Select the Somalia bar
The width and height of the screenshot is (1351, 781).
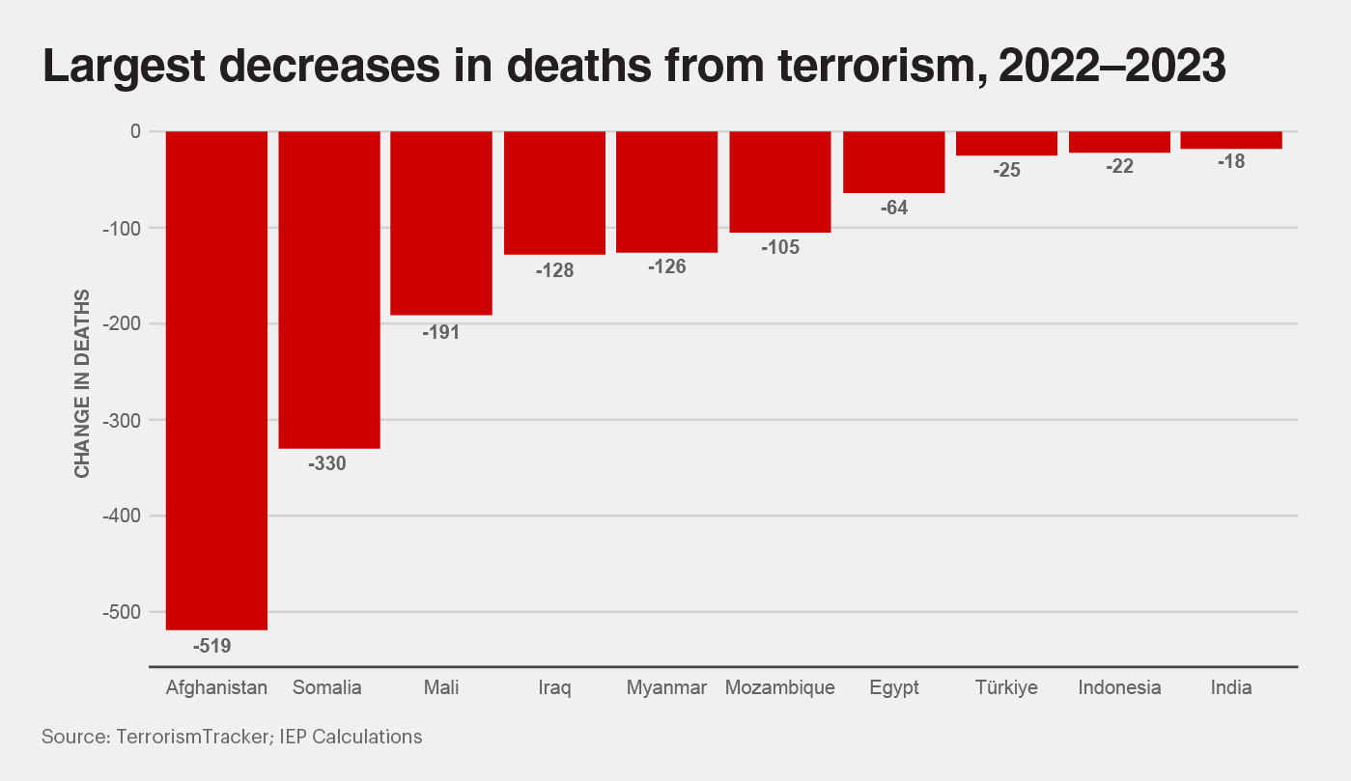pos(329,290)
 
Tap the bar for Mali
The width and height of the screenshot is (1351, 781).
pos(441,223)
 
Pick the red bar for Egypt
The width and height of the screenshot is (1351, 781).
pos(893,162)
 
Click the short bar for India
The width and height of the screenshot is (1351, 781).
pos(1231,140)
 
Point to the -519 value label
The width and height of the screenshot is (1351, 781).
pos(212,646)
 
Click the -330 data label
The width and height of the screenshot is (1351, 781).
pos(326,463)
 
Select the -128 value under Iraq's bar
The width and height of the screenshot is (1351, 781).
pos(554,270)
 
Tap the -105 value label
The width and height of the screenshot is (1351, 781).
pos(780,247)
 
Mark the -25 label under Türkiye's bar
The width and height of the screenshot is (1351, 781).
pos(1005,170)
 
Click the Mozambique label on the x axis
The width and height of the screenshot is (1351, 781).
pos(779,688)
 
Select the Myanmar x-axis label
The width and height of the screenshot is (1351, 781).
pos(666,688)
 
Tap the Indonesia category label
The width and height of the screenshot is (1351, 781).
pos(1119,688)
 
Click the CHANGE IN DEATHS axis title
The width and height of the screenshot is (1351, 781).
pos(83,382)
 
